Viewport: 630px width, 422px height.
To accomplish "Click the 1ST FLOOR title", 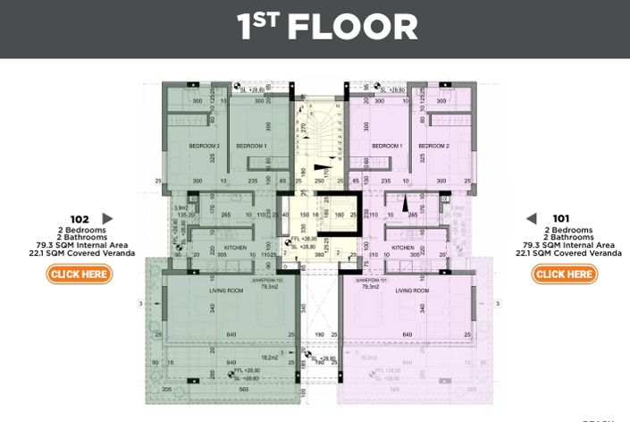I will tap(327, 27).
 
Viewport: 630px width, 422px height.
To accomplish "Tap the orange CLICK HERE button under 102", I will tap(80, 274).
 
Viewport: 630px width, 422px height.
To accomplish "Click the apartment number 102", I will tap(80, 218).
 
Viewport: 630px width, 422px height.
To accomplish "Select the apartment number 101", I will tap(560, 218).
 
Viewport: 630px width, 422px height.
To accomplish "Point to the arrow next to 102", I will tap(108, 218).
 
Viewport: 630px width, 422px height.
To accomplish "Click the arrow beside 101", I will tap(531, 218).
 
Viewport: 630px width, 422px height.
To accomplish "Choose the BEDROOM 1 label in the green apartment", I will tap(251, 146).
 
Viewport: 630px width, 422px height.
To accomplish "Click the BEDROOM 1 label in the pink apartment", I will tap(387, 146).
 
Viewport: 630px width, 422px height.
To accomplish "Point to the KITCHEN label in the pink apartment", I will tap(402, 247).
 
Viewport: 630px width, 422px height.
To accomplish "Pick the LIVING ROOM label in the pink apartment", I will tap(414, 291).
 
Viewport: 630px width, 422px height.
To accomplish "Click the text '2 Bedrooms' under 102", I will tap(80, 230).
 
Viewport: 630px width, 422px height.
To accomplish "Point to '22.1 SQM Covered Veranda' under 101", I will tap(560, 254).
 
